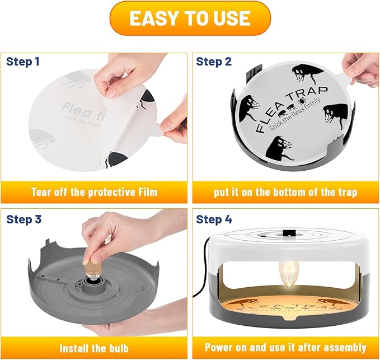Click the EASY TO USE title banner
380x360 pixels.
190,18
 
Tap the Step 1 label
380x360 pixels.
23,61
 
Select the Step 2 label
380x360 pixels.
214,61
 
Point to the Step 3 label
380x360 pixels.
24,219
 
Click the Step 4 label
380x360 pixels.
214,219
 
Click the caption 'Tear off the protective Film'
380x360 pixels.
94,192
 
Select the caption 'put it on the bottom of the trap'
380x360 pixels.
285,192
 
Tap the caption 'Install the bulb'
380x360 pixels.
94,348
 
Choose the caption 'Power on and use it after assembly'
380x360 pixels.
285,348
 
